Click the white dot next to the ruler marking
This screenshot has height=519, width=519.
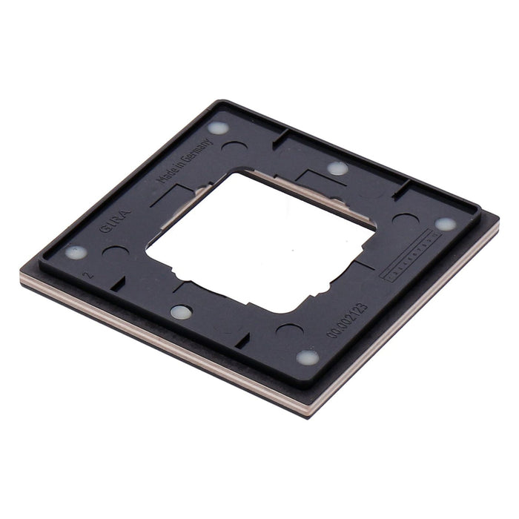pos(445,223)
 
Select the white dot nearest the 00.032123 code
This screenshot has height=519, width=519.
pos(306,357)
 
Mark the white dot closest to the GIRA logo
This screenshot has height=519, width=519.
pos(76,252)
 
